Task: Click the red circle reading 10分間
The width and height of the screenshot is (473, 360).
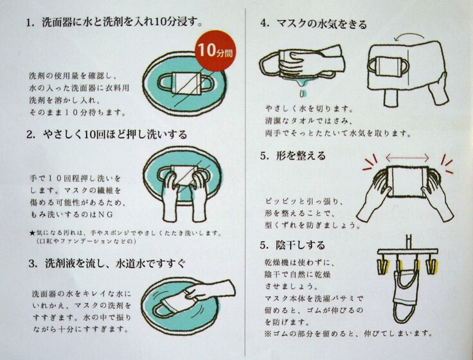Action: click(x=215, y=50)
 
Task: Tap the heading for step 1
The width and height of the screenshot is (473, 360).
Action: click(x=114, y=22)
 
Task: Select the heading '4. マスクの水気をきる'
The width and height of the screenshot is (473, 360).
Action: click(x=314, y=24)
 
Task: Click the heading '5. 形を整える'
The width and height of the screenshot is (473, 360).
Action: click(x=293, y=156)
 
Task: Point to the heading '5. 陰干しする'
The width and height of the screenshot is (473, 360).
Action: click(x=292, y=245)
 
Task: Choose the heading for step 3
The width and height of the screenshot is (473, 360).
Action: click(x=107, y=264)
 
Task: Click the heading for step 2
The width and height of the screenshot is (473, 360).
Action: click(x=107, y=134)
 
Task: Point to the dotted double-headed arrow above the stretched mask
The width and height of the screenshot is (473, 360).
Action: click(x=407, y=157)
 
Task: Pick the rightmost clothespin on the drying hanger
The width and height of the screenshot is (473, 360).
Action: click(x=431, y=265)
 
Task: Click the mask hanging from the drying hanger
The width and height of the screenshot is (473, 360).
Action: click(x=404, y=294)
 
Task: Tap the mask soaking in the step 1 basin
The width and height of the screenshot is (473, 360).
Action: click(x=184, y=84)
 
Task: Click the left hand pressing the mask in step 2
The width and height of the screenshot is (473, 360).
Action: click(x=170, y=196)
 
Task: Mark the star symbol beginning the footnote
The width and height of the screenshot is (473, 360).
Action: click(x=32, y=233)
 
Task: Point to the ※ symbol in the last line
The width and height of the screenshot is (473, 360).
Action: click(x=269, y=334)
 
